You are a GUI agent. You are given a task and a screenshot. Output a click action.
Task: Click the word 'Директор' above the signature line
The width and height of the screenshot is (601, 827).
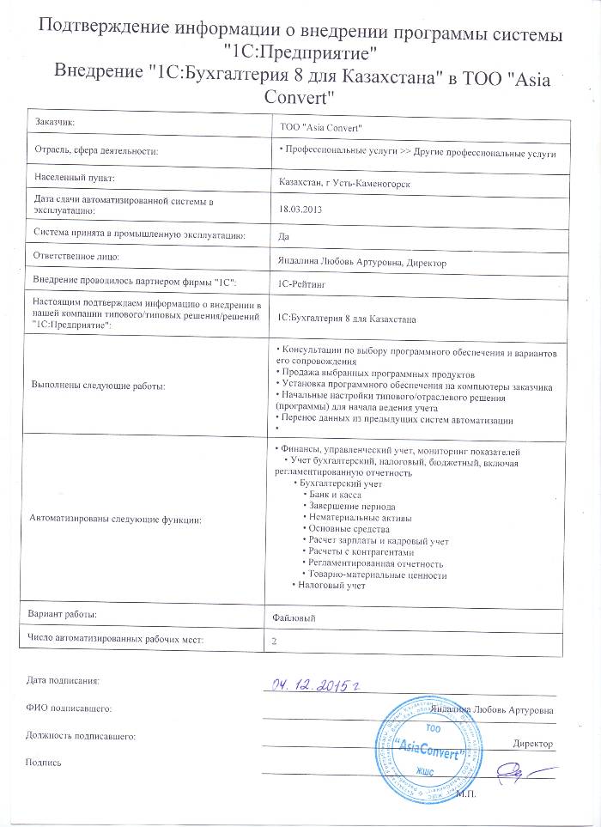532,743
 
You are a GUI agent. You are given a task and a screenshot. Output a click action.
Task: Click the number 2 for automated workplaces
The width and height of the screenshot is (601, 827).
274,641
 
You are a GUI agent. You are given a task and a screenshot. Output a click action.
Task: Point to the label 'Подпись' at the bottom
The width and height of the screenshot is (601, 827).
45,763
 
